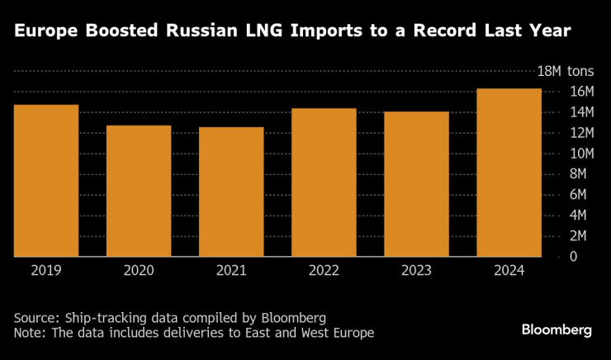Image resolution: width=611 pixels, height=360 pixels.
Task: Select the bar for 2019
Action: point(46,181)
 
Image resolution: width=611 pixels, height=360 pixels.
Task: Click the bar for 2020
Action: point(139,191)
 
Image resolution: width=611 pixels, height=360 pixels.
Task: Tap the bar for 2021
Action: point(231,192)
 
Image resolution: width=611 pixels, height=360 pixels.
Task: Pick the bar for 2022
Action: point(324,182)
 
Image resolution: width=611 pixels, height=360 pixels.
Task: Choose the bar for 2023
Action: point(416,184)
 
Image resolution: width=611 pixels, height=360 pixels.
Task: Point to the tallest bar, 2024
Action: point(509,173)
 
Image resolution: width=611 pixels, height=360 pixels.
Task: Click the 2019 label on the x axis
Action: point(46,269)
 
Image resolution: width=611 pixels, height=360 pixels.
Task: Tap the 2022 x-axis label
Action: point(324,269)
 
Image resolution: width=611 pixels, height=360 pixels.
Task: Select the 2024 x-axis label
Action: point(509,269)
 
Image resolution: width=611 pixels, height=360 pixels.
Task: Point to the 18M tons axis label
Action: point(566,71)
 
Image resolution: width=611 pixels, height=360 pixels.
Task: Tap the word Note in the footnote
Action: point(28,333)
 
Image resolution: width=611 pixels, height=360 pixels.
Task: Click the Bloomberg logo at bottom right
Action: point(557,329)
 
